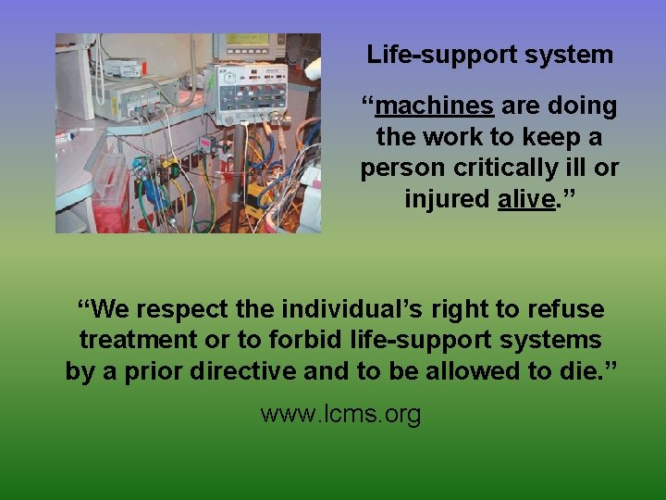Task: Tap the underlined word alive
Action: tap(525, 199)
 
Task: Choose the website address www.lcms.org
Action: tap(340, 413)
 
